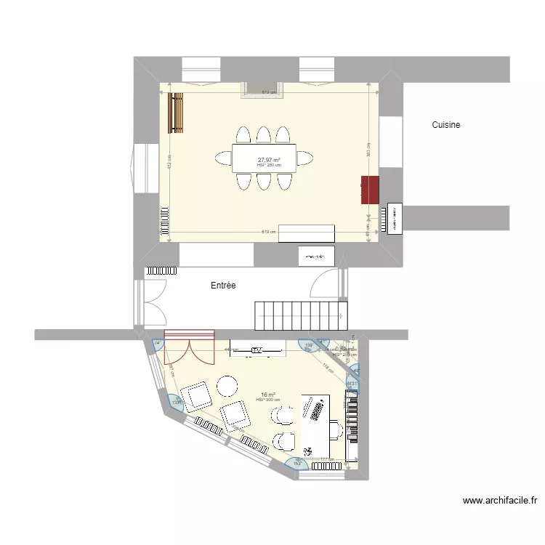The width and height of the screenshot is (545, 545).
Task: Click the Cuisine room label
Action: point(445,125)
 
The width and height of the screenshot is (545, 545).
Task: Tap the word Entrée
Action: point(223,286)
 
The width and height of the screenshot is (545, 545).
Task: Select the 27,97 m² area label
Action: point(269,160)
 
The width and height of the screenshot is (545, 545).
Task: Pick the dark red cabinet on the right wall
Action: point(371,190)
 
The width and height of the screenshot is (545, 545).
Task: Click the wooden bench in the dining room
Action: point(176,113)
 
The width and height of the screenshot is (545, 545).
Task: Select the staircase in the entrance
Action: point(301,314)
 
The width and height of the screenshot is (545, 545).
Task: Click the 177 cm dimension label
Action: point(324,459)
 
